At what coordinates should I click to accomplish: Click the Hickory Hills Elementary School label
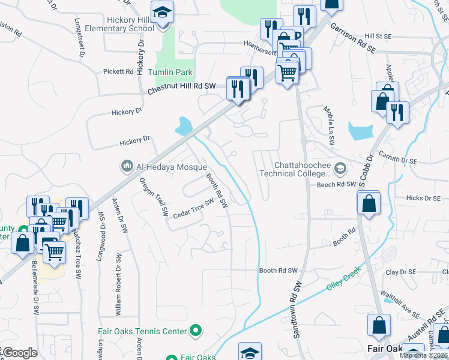[x=121, y=23]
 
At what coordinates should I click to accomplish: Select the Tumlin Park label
[x=175, y=72]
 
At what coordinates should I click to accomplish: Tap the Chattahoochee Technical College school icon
[x=340, y=168]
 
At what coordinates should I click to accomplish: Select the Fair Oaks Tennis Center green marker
[x=195, y=331]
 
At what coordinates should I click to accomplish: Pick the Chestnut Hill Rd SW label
[x=182, y=89]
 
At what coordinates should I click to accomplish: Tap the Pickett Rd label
[x=118, y=71]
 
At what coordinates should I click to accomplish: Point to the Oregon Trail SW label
[x=153, y=197]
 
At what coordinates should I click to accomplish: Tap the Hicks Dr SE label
[x=423, y=197]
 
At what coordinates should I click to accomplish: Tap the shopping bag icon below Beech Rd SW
[x=369, y=203]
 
